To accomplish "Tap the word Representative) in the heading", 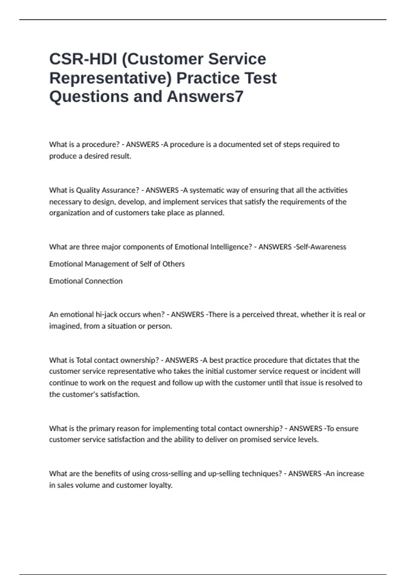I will [x=111, y=78].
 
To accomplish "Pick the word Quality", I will [x=88, y=190].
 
